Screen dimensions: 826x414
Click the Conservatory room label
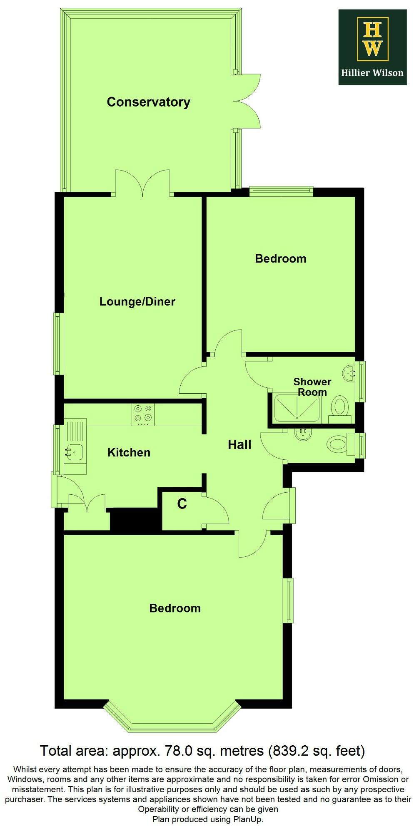[148, 102]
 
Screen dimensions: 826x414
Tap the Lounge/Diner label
[137, 301]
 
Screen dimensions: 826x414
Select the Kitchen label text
[129, 452]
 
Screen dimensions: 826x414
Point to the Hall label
[239, 445]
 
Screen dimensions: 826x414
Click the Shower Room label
[312, 387]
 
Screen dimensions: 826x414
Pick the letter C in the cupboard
[182, 504]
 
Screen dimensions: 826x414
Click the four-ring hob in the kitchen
[143, 414]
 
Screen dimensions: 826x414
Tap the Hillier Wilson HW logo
[372, 47]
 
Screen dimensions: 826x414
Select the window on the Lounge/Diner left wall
[57, 344]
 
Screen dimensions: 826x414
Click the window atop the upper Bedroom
[281, 191]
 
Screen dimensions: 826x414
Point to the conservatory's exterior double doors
[248, 101]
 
